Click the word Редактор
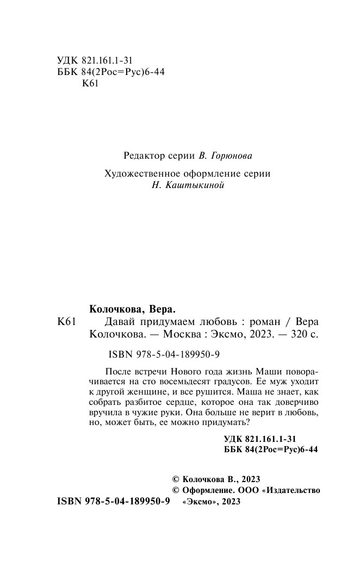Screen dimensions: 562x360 click(143, 155)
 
